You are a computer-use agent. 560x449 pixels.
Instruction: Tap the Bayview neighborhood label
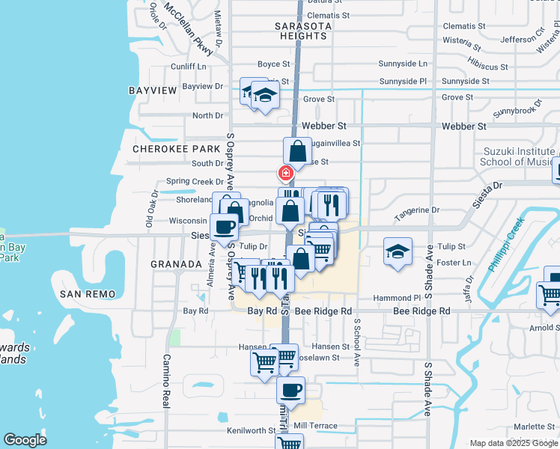click(x=153, y=91)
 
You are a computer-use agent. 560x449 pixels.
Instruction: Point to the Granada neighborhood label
click(x=176, y=264)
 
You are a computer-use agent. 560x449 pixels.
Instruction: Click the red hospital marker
click(x=285, y=173)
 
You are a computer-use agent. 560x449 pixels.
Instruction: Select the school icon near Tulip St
click(x=398, y=251)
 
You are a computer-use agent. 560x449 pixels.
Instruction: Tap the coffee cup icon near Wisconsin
click(x=224, y=226)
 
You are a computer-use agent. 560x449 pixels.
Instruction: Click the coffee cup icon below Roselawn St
click(x=290, y=390)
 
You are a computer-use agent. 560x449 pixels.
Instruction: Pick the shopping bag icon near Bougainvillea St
click(x=297, y=150)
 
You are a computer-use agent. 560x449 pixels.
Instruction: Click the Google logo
click(x=25, y=440)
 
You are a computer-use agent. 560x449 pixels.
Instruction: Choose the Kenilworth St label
click(x=252, y=431)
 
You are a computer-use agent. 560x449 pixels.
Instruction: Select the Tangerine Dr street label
click(x=415, y=211)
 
